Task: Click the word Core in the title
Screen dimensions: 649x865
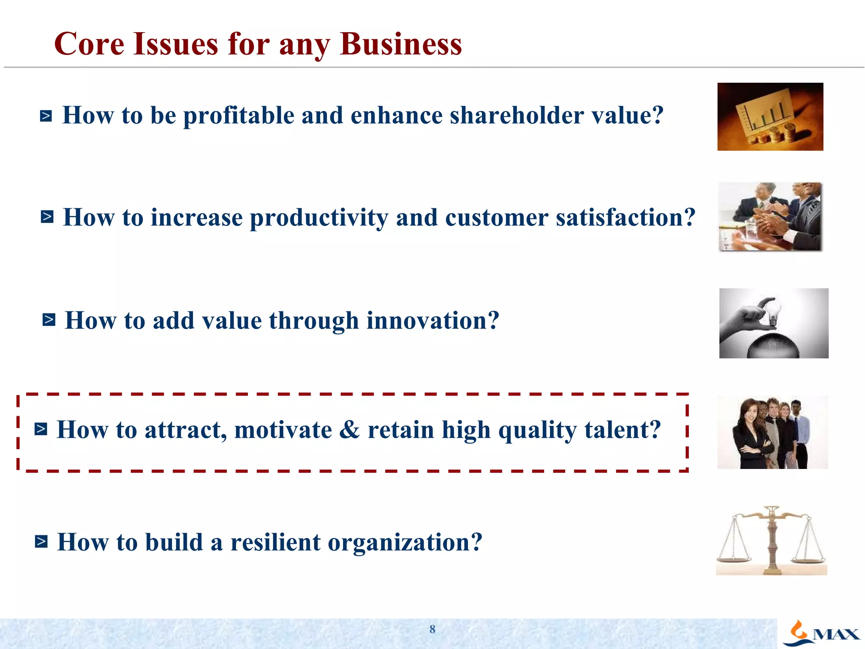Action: (89, 44)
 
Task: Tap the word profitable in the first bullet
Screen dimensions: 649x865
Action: (239, 116)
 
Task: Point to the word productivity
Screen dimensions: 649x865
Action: (319, 218)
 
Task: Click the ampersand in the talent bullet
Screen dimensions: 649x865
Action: (349, 430)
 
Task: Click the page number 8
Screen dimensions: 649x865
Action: (432, 629)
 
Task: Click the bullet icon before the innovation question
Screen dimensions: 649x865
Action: (49, 320)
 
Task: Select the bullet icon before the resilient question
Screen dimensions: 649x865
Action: (41, 541)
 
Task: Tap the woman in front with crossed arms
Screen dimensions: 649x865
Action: (748, 435)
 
